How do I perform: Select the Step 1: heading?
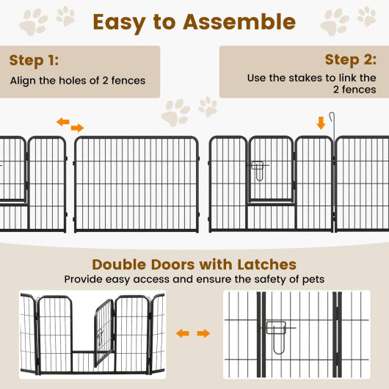(x=34, y=60)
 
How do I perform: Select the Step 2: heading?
(x=351, y=59)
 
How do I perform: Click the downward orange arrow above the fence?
(x=321, y=123)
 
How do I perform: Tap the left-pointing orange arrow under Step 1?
(x=63, y=122)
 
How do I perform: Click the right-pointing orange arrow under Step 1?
(x=78, y=128)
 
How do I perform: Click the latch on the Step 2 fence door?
(x=258, y=170)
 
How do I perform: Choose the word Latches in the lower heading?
(x=261, y=264)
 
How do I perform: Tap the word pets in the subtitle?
(x=313, y=279)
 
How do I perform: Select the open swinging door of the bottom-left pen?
(x=103, y=332)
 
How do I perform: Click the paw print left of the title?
(x=32, y=23)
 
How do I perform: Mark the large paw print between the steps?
(x=176, y=113)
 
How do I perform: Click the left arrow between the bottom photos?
(x=183, y=334)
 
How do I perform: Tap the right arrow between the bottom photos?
(x=203, y=334)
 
